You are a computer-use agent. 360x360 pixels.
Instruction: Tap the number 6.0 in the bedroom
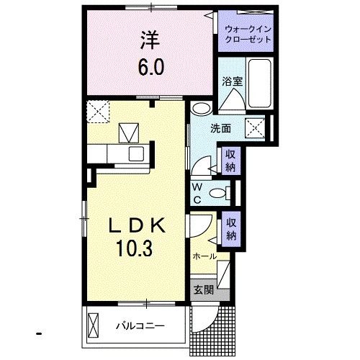point(151,68)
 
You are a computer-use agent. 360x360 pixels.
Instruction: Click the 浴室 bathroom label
point(231,82)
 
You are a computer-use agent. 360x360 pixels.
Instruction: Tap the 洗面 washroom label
point(220,130)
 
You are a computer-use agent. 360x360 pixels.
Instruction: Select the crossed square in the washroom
point(256,128)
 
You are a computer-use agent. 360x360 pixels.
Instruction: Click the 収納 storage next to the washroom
point(230,159)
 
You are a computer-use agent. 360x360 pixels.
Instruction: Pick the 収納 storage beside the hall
point(230,229)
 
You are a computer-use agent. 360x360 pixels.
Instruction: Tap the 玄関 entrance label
point(203,290)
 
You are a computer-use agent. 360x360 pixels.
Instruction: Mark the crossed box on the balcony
point(94,325)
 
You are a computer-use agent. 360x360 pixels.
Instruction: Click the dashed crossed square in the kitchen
point(97,111)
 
